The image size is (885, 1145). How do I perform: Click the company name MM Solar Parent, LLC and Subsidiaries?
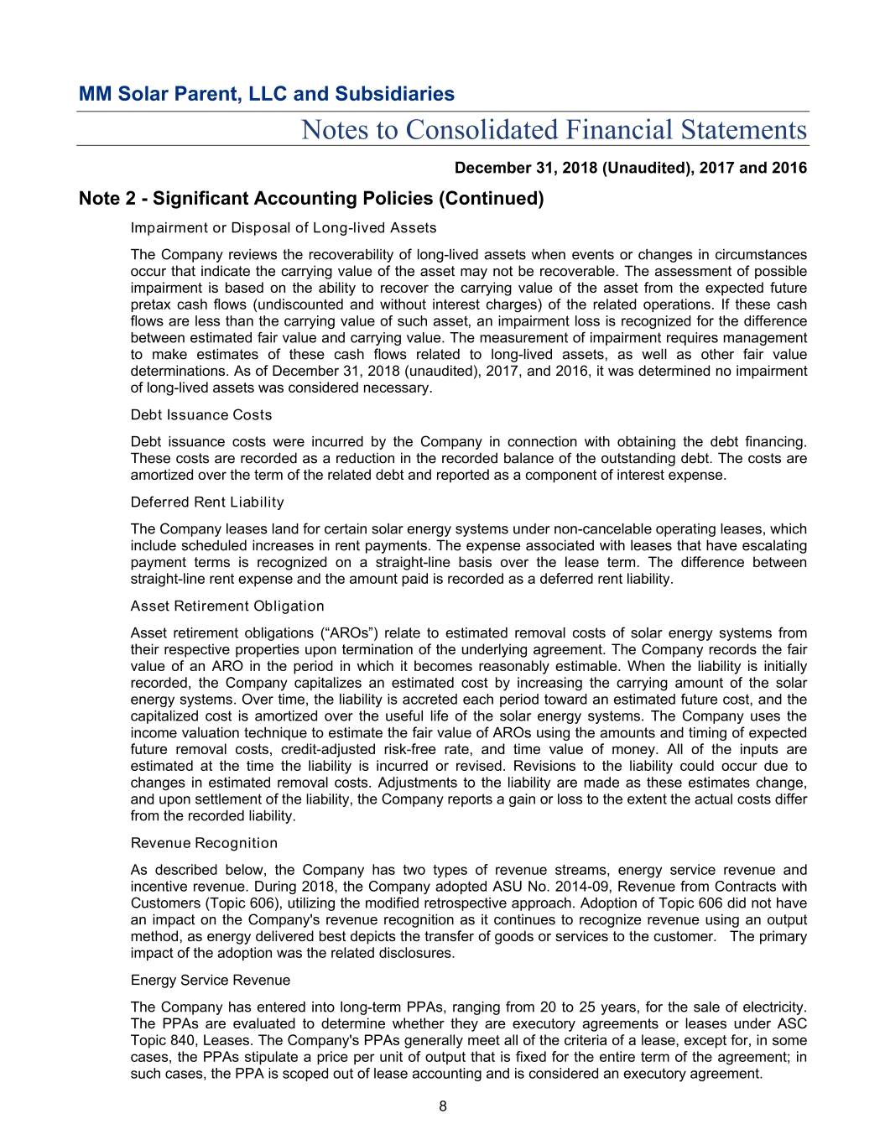coord(266,94)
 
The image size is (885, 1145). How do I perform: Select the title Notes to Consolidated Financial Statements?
coord(554,130)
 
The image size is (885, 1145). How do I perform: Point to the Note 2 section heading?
coord(311,199)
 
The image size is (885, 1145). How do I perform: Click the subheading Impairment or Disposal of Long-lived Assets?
coord(284,228)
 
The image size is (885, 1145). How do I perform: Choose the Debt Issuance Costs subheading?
coord(201,415)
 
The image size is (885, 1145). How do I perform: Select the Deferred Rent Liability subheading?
coord(207,502)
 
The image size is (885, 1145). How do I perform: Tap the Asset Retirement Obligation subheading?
coord(227,606)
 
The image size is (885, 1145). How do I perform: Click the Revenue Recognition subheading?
coord(204,843)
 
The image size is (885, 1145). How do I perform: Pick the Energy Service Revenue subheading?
coord(211,981)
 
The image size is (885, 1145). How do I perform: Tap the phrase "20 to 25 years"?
coord(589,1007)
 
